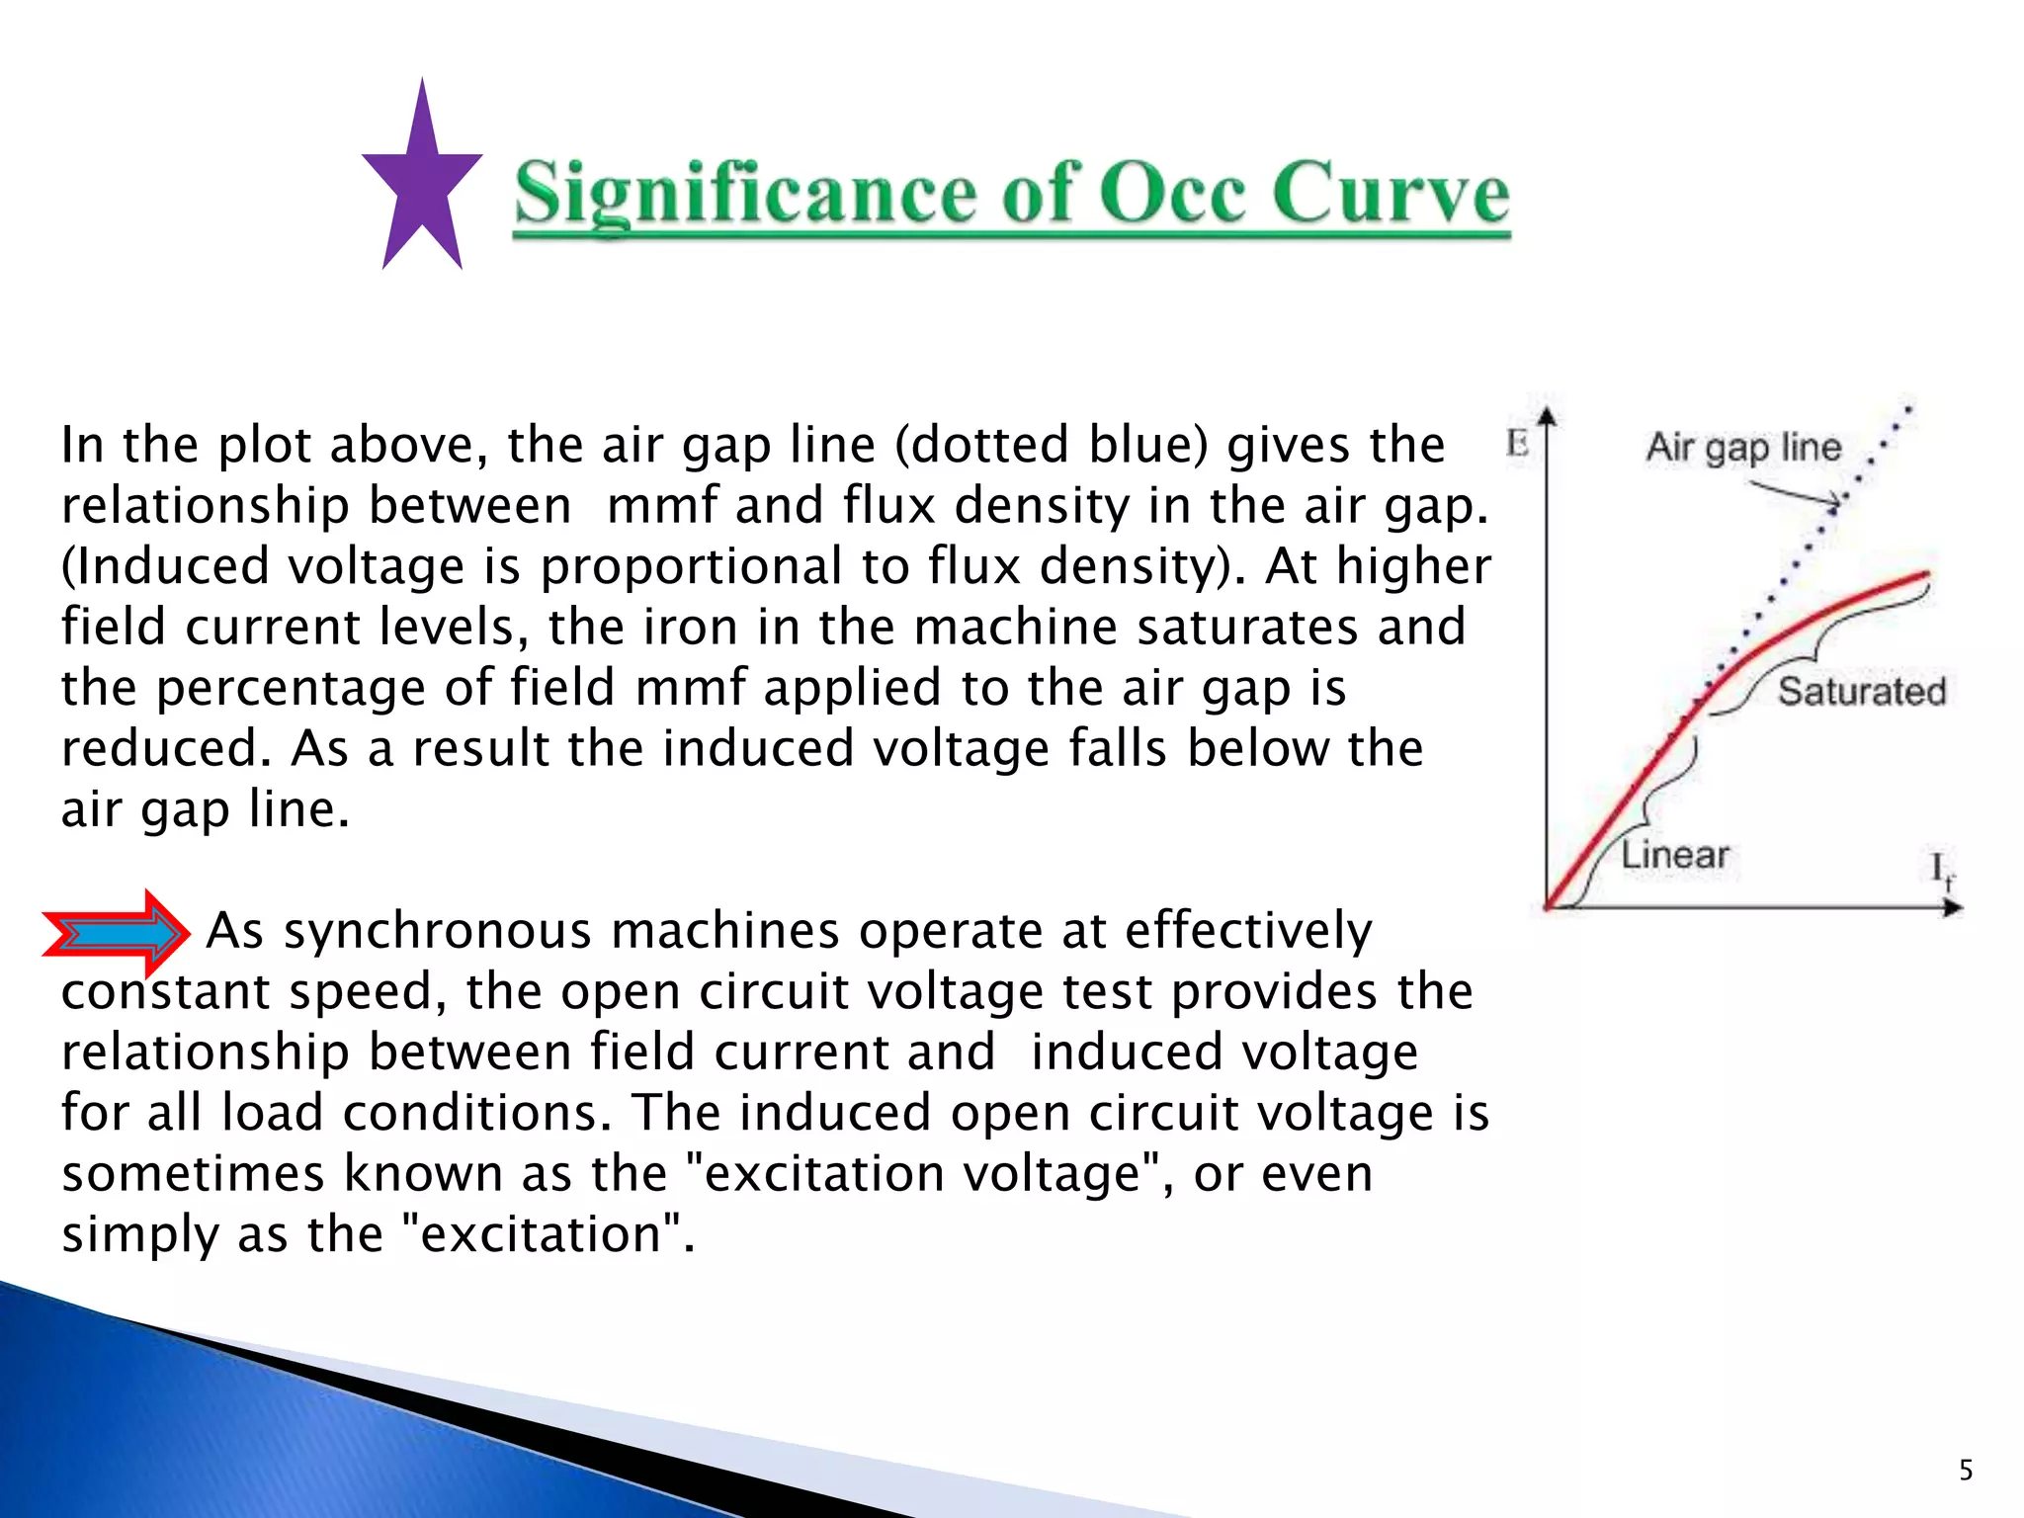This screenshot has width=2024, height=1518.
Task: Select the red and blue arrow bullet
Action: click(x=117, y=933)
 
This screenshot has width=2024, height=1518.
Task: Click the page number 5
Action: click(x=1966, y=1471)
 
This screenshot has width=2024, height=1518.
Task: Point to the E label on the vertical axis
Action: click(x=1517, y=444)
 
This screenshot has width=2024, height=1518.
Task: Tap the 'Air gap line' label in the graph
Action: click(x=1743, y=448)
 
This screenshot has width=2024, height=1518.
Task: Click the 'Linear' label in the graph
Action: click(x=1675, y=855)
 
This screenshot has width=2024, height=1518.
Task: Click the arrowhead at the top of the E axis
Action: click(x=1548, y=415)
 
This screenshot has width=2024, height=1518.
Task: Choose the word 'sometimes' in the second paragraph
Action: click(x=193, y=1174)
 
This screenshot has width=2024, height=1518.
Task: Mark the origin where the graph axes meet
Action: click(x=1548, y=906)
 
